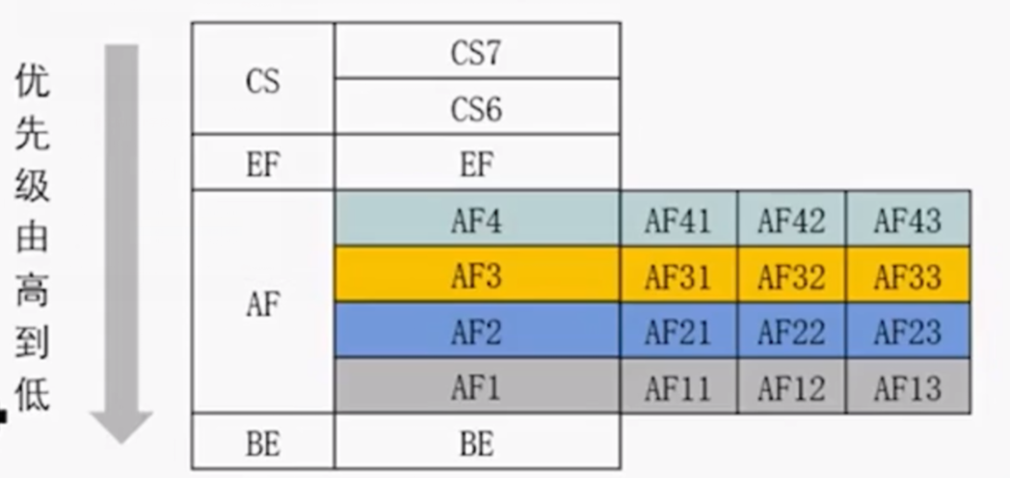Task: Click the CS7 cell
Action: [476, 52]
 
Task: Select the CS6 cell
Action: [476, 108]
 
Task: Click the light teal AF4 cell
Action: [476, 221]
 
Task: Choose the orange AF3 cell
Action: [476, 276]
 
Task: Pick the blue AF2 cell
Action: [476, 332]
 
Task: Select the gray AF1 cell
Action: [476, 387]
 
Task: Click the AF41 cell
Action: [678, 221]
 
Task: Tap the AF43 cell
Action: [907, 221]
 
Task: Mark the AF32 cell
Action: [791, 277]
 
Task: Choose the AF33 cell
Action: [907, 277]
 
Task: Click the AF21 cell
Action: [678, 332]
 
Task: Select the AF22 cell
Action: [791, 332]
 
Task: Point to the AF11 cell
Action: [678, 387]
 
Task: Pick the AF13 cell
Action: [907, 387]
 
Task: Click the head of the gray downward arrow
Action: [121, 425]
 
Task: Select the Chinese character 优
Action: [33, 84]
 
